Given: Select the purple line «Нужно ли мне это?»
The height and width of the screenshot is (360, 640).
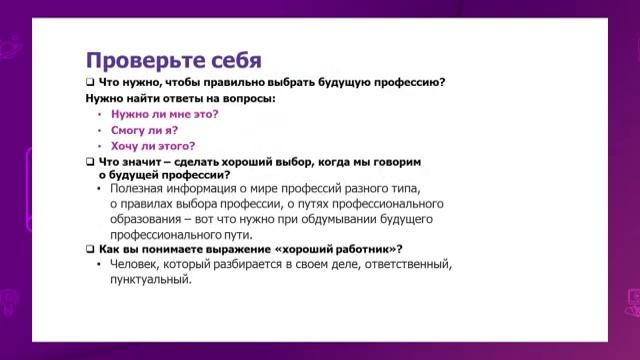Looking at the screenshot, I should [x=164, y=114].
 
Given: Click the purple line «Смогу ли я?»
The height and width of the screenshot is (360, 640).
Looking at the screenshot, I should [x=145, y=129].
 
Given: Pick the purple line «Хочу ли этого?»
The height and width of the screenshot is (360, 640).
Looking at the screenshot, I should [x=152, y=145].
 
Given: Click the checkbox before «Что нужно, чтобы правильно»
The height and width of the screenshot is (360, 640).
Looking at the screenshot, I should [x=89, y=83].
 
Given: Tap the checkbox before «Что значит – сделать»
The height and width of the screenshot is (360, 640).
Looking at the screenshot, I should [x=89, y=161].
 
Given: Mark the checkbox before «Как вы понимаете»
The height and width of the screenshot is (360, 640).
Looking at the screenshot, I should [x=89, y=248].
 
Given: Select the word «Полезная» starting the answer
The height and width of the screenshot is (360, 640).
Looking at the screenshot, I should [x=137, y=188].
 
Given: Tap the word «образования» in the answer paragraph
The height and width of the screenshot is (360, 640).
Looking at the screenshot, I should [x=146, y=218].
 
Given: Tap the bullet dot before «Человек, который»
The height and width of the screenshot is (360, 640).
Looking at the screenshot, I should [x=99, y=264].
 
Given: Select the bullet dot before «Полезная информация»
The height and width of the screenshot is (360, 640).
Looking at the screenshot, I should [x=99, y=188].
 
